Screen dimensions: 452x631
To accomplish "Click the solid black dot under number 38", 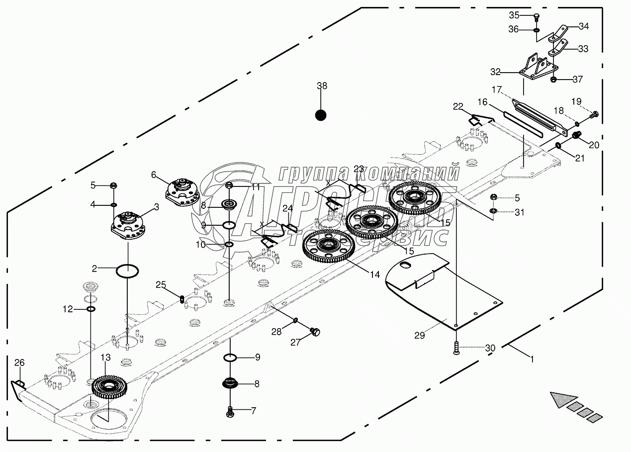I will coord(321,115).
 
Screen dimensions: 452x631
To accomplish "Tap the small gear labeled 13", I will coord(109,386).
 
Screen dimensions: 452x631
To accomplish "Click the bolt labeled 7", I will coord(230,411).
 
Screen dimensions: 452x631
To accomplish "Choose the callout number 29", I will coord(420,335).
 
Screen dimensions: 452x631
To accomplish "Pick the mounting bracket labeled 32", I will coord(538,69).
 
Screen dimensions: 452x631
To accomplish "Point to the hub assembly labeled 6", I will coord(180,190).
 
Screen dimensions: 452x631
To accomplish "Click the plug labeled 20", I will coord(577,135).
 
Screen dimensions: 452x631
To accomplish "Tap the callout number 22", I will coord(458,106).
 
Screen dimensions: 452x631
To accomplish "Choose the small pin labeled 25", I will coord(182,299).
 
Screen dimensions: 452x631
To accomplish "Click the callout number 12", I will coord(68,309).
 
